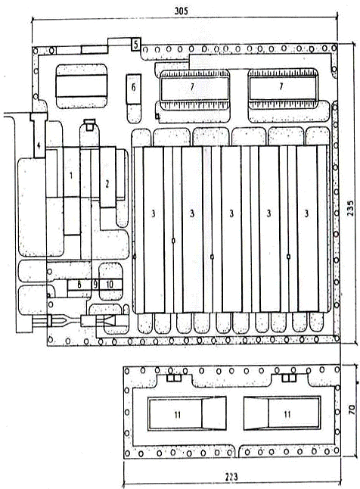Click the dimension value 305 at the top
pos(181,11)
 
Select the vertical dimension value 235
pos(350,208)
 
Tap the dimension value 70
pos(352,409)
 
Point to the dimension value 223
pos(231,477)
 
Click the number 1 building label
pos(71,176)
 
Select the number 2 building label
pos(107,184)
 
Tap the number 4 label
pos(39,145)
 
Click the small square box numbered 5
pos(135,45)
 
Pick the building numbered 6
pos(134,89)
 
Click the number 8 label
pos(79,285)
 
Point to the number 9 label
pos(95,285)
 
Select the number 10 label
pos(110,285)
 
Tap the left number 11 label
pos(177,415)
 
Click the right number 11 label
pos(287,414)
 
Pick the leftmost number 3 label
pos(153,213)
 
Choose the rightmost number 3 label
pos(307,213)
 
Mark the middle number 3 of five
pos(231,213)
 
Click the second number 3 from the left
pos(192,213)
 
